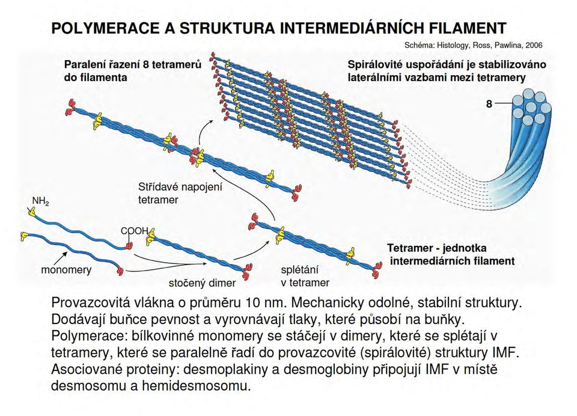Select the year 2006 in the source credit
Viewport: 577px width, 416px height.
(x=534, y=45)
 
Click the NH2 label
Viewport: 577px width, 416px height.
(x=40, y=201)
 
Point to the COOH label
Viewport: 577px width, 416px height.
(x=135, y=231)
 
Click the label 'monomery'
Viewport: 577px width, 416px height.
(x=66, y=270)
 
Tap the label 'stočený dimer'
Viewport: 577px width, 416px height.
(x=202, y=283)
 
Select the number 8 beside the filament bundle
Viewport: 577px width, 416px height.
(x=489, y=104)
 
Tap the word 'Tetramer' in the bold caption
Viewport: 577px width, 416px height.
(x=411, y=248)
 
